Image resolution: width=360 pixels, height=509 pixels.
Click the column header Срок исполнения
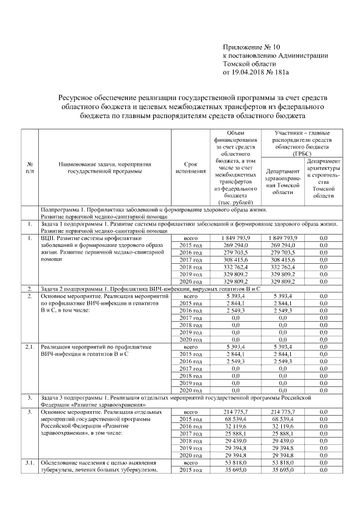pos(190,167)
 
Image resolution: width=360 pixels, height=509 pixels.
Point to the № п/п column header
pos(29,167)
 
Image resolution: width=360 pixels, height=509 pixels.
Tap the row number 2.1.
pos(29,347)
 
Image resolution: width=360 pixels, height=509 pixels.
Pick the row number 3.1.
pos(29,462)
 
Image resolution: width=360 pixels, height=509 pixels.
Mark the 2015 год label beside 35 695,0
pos(190,470)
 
